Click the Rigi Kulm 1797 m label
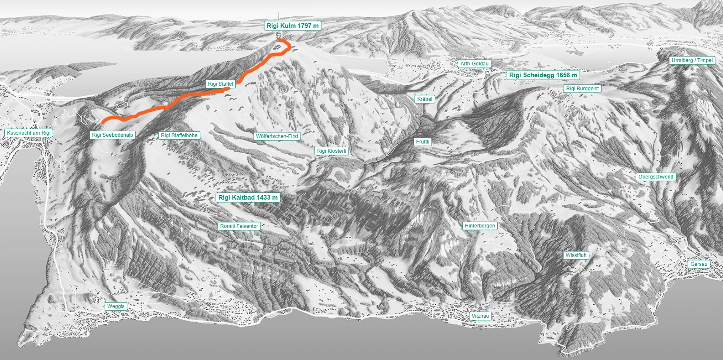(293, 26)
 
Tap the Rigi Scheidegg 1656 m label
(543, 75)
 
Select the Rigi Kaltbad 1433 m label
(248, 198)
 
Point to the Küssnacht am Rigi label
(29, 133)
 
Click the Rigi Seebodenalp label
(113, 135)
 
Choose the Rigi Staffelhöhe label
(179, 135)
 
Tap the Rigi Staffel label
(220, 84)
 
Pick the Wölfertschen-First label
(277, 136)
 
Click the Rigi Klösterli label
(332, 151)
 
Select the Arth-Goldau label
(475, 64)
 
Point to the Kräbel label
(425, 99)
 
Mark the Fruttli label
(422, 142)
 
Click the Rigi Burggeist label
(583, 89)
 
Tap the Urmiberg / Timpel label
(692, 60)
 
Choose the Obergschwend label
(656, 177)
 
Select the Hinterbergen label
(480, 226)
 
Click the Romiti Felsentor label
(239, 226)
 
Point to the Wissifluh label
(576, 255)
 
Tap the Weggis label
(116, 306)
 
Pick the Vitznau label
(480, 316)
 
